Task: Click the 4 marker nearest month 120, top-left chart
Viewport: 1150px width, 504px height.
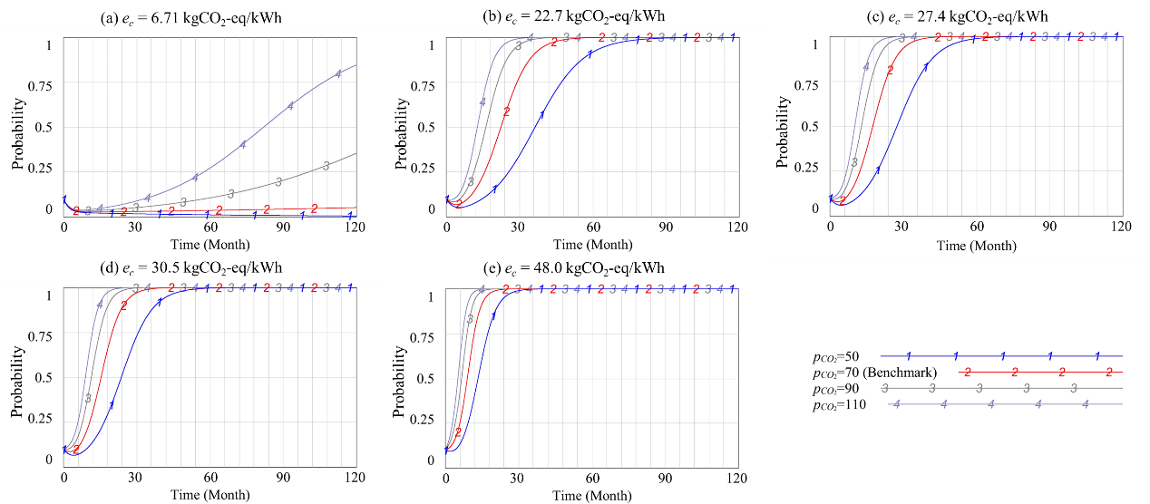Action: point(338,74)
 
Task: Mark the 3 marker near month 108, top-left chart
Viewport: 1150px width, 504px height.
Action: point(326,166)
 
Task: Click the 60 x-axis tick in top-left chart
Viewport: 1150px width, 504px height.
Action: point(210,227)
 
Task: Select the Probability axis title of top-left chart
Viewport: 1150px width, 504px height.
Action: point(18,132)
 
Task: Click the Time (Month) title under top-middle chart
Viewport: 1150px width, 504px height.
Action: point(593,245)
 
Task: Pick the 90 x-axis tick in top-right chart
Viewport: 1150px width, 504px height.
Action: point(1049,227)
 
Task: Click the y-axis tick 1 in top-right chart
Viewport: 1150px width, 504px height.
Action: point(816,44)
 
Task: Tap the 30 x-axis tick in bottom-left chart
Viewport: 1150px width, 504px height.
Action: point(137,477)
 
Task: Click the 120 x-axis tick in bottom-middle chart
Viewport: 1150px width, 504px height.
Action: point(738,477)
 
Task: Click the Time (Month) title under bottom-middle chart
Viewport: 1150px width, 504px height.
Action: point(593,496)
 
